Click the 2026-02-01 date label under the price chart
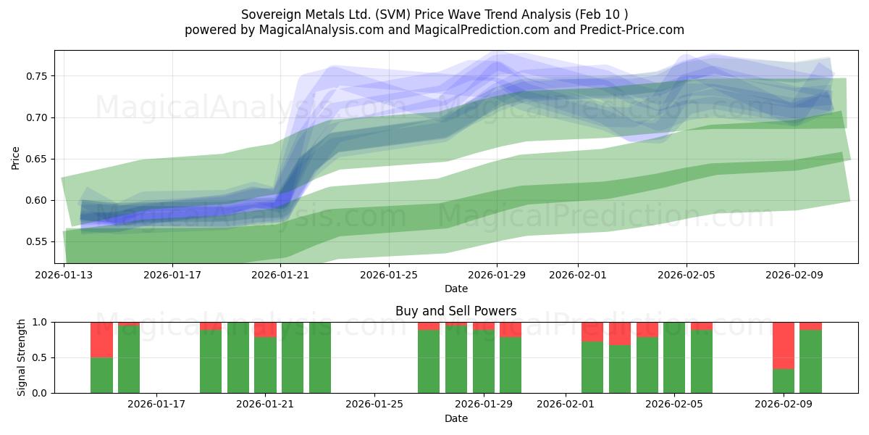578,275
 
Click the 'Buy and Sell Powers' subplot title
456,311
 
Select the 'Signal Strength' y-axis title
22,357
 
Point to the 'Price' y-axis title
16,157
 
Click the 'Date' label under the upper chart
456,289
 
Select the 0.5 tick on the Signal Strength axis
41,357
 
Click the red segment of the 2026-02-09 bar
784,345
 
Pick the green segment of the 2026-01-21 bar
266,365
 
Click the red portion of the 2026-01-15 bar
129,324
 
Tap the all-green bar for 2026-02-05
674,357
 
